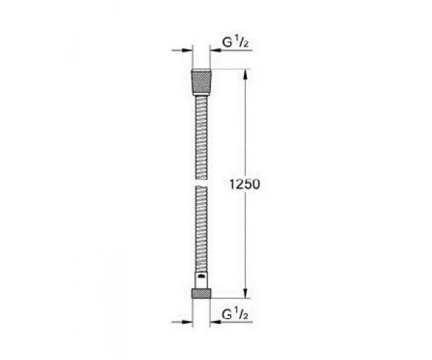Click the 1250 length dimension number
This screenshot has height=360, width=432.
point(245,184)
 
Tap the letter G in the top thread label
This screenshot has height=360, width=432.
point(227,42)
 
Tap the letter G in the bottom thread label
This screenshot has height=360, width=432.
point(227,315)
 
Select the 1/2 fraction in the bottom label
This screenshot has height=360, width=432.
point(241,314)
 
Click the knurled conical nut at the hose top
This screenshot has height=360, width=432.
point(202,81)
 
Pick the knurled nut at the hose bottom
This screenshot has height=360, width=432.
point(201,293)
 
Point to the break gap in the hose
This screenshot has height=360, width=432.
point(202,183)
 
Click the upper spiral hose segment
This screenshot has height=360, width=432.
point(202,138)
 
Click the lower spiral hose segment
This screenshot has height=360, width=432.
point(202,229)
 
